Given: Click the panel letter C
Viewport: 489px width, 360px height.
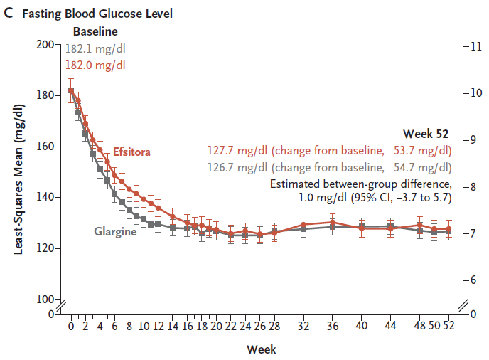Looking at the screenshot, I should pos(9,14).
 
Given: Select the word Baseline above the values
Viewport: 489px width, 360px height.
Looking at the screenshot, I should pos(95,31).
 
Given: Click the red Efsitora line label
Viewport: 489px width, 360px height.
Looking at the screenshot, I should pos(131,152).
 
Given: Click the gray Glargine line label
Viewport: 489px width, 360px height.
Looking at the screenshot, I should pos(115,231).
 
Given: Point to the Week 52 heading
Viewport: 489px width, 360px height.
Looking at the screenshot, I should pos(426,134).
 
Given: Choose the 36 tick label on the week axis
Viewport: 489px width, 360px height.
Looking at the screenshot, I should pos(332,326).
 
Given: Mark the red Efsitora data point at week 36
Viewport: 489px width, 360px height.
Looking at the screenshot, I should pos(332,222).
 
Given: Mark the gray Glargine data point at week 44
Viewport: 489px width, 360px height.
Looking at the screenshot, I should pos(390,226).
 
